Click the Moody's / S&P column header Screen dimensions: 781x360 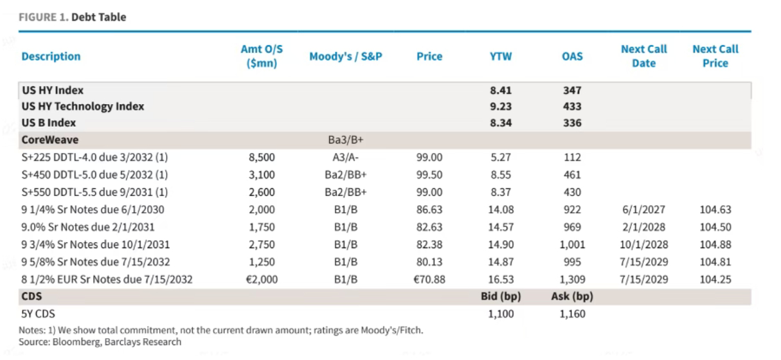346,56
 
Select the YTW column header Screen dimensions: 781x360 501,56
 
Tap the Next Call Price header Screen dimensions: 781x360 715,56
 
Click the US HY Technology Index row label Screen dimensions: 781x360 83,106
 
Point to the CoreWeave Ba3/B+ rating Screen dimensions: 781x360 346,139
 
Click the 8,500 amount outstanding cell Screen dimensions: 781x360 262,157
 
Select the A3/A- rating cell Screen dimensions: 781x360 345,157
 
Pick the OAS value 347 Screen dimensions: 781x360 572,91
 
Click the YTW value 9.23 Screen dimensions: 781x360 501,106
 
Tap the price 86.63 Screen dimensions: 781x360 429,210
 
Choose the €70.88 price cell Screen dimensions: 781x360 429,279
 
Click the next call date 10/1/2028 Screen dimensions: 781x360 643,244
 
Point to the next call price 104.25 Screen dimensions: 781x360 715,279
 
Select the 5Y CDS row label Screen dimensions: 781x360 38,314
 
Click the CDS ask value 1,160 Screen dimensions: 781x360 572,314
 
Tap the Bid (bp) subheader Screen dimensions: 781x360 501,296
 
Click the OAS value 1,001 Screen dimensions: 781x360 572,244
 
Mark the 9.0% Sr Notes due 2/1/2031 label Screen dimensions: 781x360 88,227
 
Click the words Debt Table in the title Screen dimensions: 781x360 99,17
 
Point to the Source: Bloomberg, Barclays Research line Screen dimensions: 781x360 100,341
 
